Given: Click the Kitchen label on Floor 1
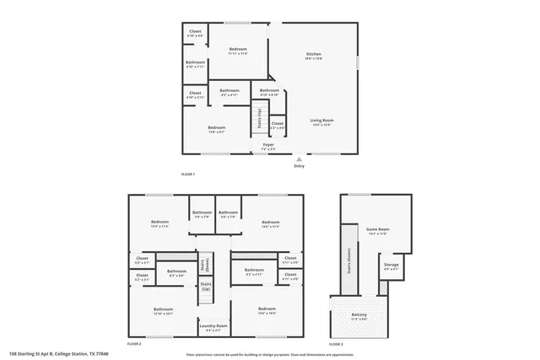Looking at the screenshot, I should (313, 56).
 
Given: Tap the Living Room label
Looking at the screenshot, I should (321, 123).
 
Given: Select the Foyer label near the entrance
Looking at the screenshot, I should (267, 147).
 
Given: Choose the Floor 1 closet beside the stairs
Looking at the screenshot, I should (277, 125).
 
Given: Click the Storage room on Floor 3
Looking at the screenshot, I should (391, 266).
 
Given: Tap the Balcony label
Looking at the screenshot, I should (359, 316).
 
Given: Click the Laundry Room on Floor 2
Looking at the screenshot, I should (216, 327).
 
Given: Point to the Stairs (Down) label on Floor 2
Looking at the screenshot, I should (205, 264).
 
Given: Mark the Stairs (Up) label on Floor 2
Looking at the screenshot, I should (205, 287).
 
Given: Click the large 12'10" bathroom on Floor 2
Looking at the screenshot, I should (163, 310).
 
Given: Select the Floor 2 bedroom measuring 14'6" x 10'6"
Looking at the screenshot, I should (267, 310).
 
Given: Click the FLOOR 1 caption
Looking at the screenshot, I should (187, 174).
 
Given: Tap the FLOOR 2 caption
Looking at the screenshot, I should (134, 344).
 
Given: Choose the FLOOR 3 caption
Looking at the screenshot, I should (336, 344).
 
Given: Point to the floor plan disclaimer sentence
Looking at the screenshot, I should (270, 354).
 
